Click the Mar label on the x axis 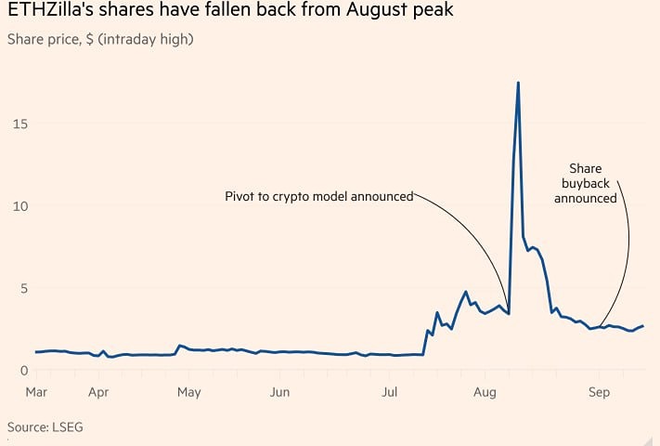point(36,393)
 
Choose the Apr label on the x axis point(99,393)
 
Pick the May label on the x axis point(189,393)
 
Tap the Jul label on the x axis point(390,393)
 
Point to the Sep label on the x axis point(599,393)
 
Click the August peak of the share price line point(518,83)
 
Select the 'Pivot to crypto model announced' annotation point(318,196)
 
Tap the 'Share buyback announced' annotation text point(586,183)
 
